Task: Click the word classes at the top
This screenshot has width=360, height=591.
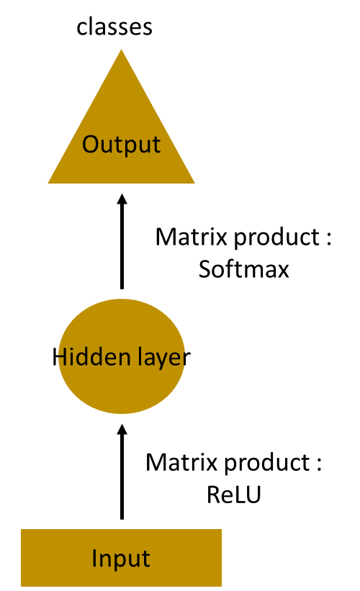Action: pos(114,27)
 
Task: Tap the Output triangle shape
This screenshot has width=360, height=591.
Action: pos(122,135)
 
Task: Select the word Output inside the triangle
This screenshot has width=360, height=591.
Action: pos(122,145)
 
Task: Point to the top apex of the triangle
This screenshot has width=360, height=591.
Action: pos(122,50)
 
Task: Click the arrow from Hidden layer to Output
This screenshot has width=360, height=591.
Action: pos(122,242)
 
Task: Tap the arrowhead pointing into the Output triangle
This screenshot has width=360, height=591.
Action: pos(122,199)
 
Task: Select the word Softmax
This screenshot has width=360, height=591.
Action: pos(243,269)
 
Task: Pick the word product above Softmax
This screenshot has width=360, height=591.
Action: pos(276,238)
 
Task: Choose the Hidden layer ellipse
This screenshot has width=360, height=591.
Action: pos(122,356)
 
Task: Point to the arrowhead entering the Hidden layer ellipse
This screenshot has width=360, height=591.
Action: pos(122,429)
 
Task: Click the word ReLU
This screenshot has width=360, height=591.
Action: pos(234,495)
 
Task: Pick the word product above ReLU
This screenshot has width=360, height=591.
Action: pos(267,464)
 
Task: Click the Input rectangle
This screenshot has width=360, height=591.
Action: pos(122,558)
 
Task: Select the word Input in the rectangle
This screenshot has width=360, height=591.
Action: pos(121,559)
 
